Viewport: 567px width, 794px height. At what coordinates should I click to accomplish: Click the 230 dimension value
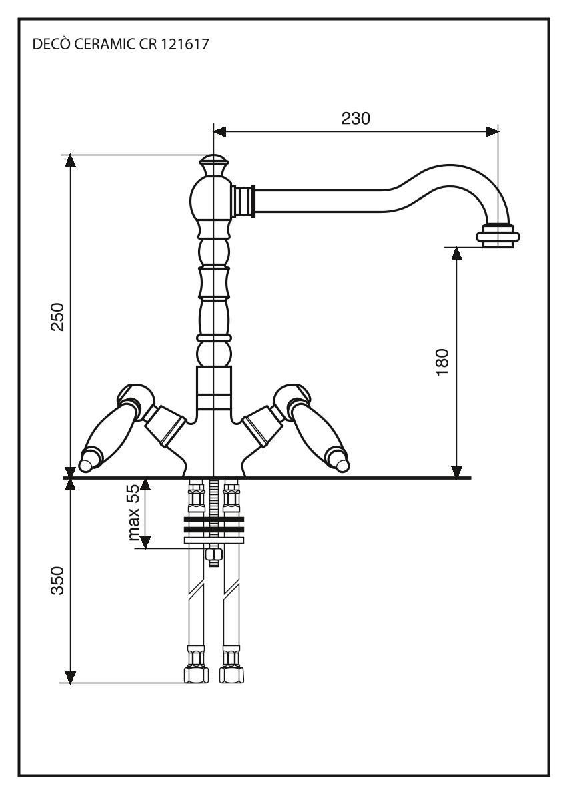tap(356, 118)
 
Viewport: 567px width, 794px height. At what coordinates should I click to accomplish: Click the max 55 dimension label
tap(134, 512)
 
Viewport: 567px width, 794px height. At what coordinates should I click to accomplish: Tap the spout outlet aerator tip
tap(498, 236)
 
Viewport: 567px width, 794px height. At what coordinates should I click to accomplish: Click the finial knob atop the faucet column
tap(213, 163)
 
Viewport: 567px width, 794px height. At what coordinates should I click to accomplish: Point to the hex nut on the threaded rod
tap(213, 554)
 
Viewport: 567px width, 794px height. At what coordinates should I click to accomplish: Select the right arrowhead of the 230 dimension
tap(492, 131)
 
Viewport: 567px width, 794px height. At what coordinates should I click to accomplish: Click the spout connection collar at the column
tap(244, 200)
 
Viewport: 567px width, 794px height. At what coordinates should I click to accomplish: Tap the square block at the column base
tap(213, 386)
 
